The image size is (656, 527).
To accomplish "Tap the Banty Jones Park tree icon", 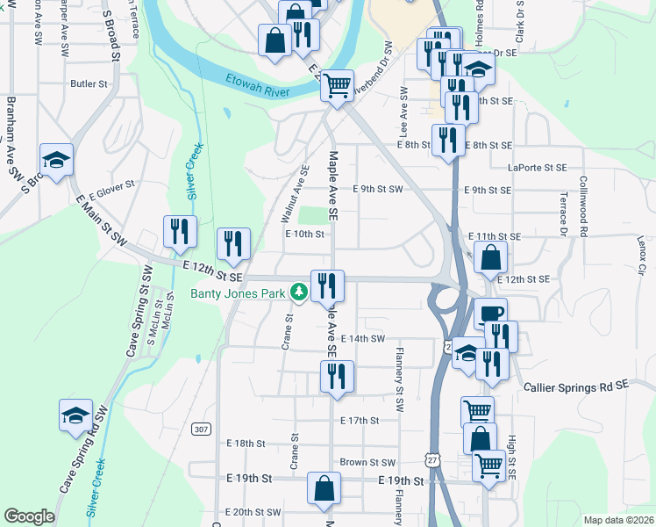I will pos(299,292).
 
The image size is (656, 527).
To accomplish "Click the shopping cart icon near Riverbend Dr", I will pos(337,86).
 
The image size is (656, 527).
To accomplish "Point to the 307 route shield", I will pos(202,429).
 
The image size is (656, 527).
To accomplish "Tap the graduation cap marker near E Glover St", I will pos(57,161).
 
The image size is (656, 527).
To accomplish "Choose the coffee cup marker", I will pos(490,314).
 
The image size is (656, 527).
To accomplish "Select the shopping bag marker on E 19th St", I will pos(324,489).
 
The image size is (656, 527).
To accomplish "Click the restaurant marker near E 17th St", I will pos(337,376).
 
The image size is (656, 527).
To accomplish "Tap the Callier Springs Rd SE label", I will pos(576,386).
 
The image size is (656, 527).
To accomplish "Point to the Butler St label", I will pos(89,84).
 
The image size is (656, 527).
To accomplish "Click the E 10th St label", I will pos(304,234).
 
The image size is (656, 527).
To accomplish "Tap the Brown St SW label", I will pos(367,462).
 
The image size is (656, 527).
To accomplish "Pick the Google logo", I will pos(29,516).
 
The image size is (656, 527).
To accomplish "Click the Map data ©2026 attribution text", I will pos(618,520).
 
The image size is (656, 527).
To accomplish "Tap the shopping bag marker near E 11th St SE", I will pos(492,257).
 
